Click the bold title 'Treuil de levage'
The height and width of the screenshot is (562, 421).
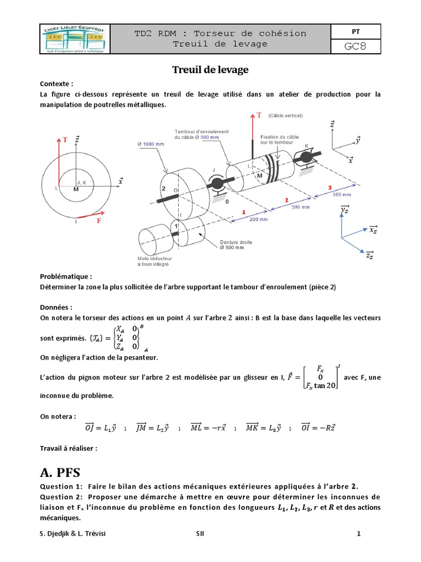pyautogui.click(x=210, y=70)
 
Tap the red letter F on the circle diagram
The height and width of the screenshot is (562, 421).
pyautogui.click(x=99, y=221)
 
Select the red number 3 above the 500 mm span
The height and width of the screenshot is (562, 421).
pyautogui.click(x=329, y=188)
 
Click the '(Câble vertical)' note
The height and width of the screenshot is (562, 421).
pyautogui.click(x=285, y=116)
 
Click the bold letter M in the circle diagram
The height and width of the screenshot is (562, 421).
pyautogui.click(x=76, y=189)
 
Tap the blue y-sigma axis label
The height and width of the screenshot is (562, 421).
pyautogui.click(x=345, y=210)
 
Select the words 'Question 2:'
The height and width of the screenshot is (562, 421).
pyautogui.click(x=61, y=497)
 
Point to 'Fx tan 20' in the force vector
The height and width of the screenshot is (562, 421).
pyautogui.click(x=321, y=386)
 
